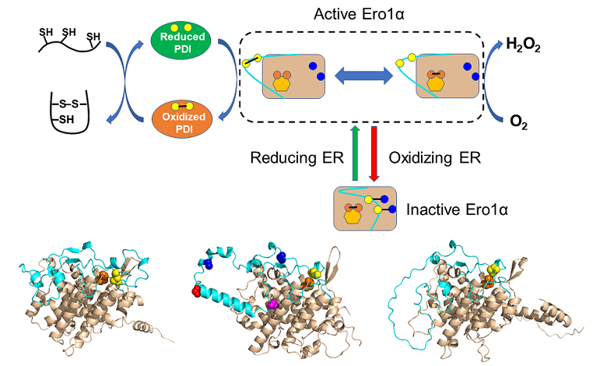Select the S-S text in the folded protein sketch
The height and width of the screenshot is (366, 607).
tap(68, 102)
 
